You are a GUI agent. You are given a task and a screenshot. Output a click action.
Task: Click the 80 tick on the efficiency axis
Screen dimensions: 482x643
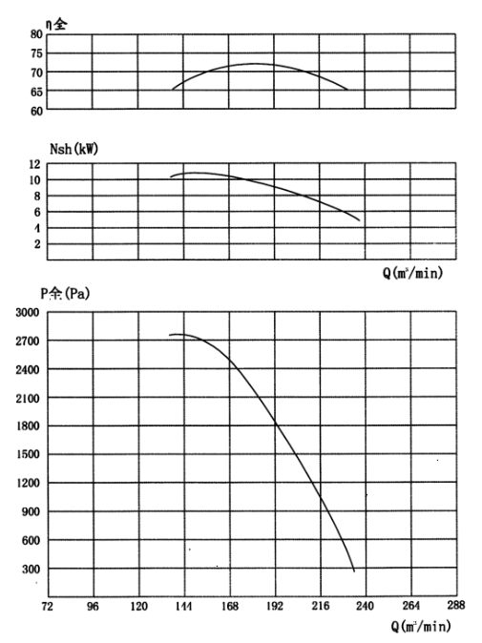click(36, 34)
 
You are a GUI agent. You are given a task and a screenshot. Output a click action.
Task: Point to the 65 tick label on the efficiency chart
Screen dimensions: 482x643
click(36, 92)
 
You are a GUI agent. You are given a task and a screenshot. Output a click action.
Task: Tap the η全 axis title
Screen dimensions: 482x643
click(55, 24)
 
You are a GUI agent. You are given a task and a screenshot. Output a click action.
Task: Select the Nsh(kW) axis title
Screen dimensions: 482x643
click(73, 149)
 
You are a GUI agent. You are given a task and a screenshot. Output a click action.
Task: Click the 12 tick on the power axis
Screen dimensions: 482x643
click(35, 164)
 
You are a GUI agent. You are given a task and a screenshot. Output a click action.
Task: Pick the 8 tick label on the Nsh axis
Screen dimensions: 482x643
click(37, 196)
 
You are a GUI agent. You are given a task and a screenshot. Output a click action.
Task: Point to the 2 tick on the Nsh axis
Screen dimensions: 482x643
click(37, 244)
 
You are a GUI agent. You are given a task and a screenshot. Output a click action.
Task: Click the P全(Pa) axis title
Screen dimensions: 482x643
click(65, 293)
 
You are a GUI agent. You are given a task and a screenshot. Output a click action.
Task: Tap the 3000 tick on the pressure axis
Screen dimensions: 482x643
click(28, 312)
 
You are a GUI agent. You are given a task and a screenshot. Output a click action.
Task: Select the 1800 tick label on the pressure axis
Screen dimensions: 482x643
click(28, 425)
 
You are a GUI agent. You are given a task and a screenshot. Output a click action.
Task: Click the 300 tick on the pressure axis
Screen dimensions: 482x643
click(31, 569)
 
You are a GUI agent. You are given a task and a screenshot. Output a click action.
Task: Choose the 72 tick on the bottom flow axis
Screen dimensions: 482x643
click(47, 606)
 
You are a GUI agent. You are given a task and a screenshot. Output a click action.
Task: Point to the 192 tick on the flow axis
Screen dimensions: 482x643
click(275, 606)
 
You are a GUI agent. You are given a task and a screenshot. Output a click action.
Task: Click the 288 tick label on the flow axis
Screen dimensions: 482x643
click(456, 605)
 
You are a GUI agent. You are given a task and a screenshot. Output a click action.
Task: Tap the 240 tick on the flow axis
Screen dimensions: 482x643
click(366, 606)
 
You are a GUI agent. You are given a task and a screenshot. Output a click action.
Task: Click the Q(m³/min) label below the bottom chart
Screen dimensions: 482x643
click(421, 626)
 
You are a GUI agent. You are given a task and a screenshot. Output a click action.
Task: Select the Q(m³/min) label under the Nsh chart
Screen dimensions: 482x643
click(412, 272)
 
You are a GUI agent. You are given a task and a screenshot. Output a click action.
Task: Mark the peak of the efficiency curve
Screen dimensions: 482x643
click(255, 64)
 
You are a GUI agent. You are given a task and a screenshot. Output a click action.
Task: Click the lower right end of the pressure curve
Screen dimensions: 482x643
click(354, 571)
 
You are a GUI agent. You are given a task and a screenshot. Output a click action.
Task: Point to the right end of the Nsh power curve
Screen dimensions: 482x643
click(360, 220)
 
